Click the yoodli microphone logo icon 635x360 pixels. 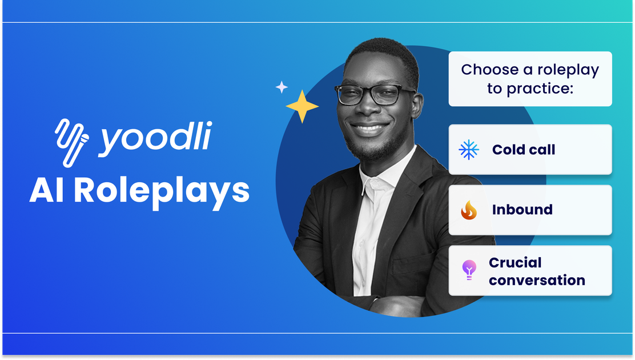pyautogui.click(x=72, y=142)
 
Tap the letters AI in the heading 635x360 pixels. pyautogui.click(x=47, y=190)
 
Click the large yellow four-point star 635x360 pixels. pyautogui.click(x=302, y=106)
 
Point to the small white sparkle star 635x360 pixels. pyautogui.click(x=282, y=87)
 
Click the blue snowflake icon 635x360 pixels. pyautogui.click(x=469, y=150)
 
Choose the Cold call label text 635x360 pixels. pyautogui.click(x=524, y=150)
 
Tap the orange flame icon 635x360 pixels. pyautogui.click(x=469, y=210)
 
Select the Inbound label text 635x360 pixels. pyautogui.click(x=523, y=210)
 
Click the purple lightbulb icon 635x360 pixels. pyautogui.click(x=469, y=270)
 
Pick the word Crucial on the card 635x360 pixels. pyautogui.click(x=515, y=262)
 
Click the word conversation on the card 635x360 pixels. pyautogui.click(x=537, y=280)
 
